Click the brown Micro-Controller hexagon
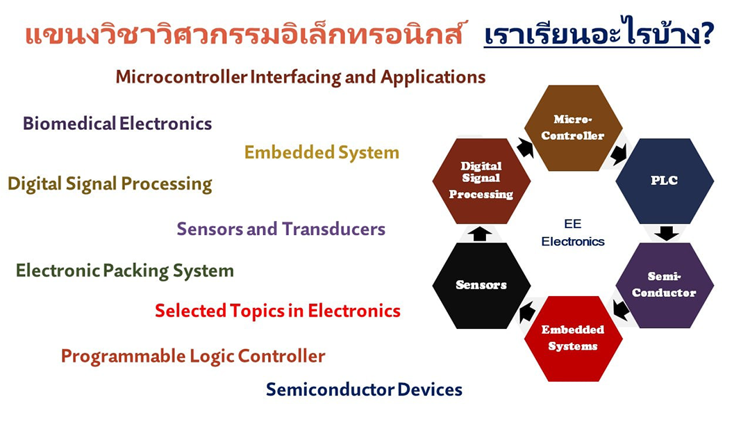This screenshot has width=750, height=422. pyautogui.click(x=573, y=128)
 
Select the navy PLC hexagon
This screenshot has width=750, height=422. pyautogui.click(x=665, y=181)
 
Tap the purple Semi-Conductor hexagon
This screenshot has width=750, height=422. pyautogui.click(x=665, y=285)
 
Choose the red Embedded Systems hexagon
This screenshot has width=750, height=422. pyautogui.click(x=573, y=339)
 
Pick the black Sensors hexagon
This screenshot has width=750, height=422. pyautogui.click(x=481, y=286)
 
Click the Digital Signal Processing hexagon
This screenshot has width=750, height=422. pyautogui.click(x=481, y=181)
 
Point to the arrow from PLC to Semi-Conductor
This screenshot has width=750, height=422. pyautogui.click(x=666, y=234)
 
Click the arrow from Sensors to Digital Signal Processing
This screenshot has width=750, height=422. pyautogui.click(x=480, y=234)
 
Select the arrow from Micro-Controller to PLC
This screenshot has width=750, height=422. pyautogui.click(x=619, y=153)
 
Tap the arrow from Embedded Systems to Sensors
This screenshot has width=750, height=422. pyautogui.click(x=526, y=313)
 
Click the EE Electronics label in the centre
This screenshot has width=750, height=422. pyautogui.click(x=572, y=232)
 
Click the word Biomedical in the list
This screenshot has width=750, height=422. pyautogui.click(x=69, y=124)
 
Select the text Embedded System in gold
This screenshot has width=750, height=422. pyautogui.click(x=322, y=152)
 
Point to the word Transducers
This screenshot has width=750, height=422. pyautogui.click(x=333, y=229)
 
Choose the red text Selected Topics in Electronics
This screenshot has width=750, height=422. pyautogui.click(x=277, y=311)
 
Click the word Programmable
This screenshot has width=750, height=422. pyautogui.click(x=123, y=357)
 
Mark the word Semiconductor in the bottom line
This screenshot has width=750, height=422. pyautogui.click(x=330, y=389)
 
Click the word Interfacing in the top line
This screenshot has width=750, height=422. pyautogui.click(x=296, y=77)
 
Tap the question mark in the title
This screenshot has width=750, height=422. pyautogui.click(x=708, y=35)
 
